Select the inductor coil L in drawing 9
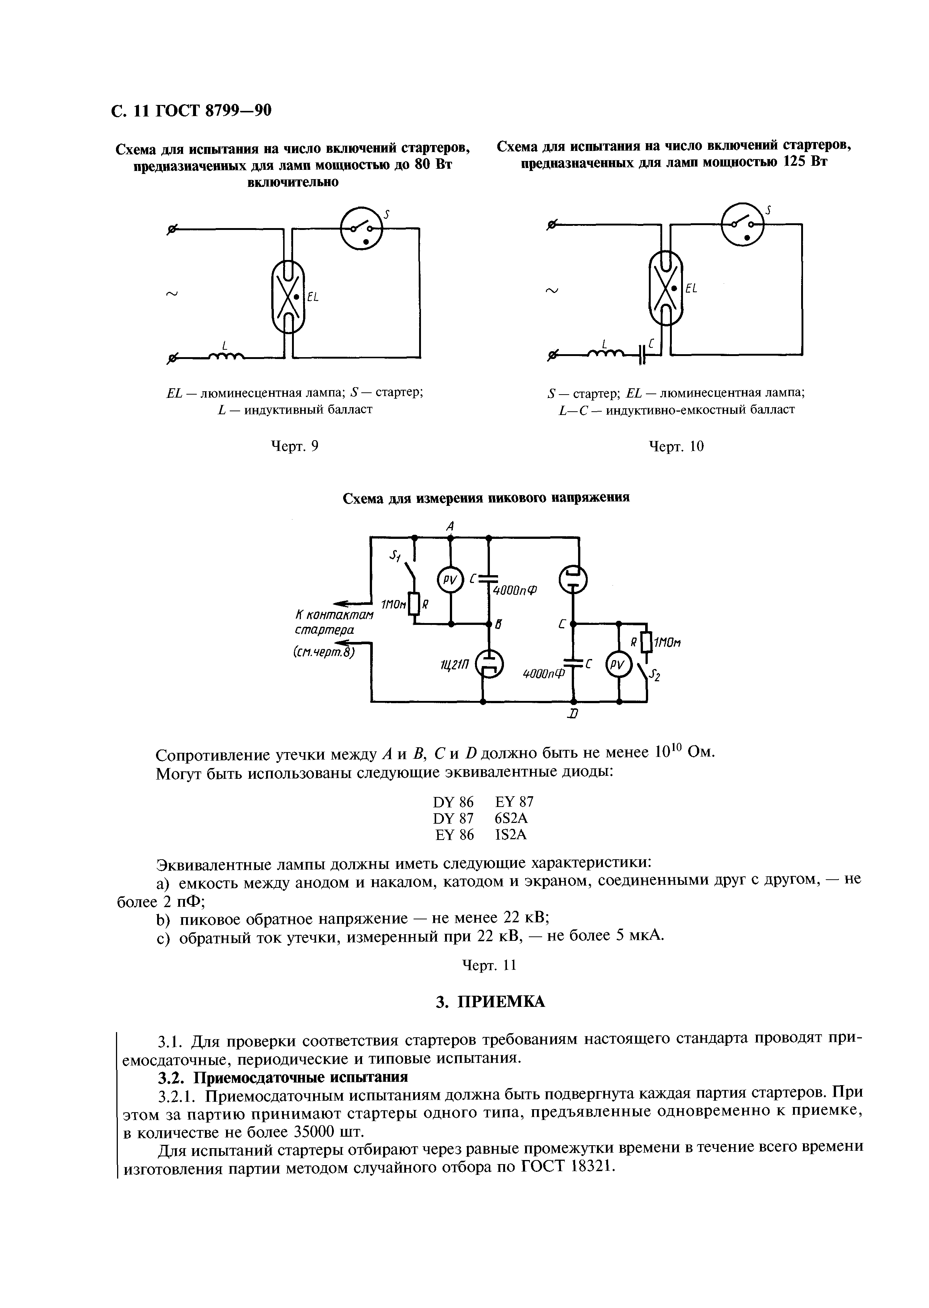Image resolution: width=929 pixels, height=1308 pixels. [x=226, y=357]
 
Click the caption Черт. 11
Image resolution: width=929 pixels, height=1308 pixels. [x=489, y=965]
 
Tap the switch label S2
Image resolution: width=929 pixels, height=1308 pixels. [x=656, y=676]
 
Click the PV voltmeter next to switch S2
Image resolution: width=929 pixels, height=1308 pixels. [x=618, y=665]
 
